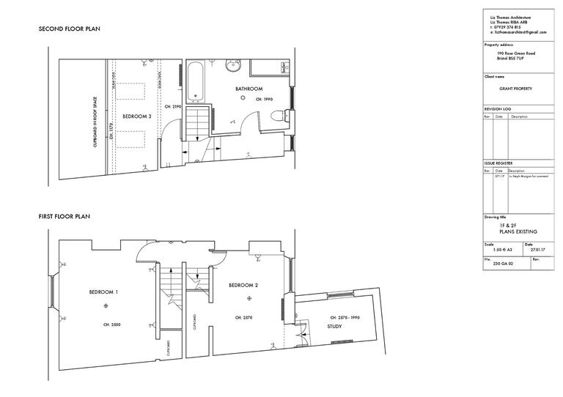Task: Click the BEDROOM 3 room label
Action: pyautogui.click(x=136, y=116)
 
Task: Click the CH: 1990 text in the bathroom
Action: pyautogui.click(x=264, y=99)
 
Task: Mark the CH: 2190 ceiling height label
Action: pyautogui.click(x=172, y=107)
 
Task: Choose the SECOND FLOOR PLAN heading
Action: pyautogui.click(x=69, y=29)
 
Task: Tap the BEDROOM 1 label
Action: pyautogui.click(x=103, y=292)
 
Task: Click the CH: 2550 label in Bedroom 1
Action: pyautogui.click(x=110, y=323)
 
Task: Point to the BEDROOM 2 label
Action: pyautogui.click(x=243, y=285)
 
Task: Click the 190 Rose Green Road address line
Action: pyautogui.click(x=515, y=53)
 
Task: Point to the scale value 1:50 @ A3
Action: pyautogui.click(x=497, y=250)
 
